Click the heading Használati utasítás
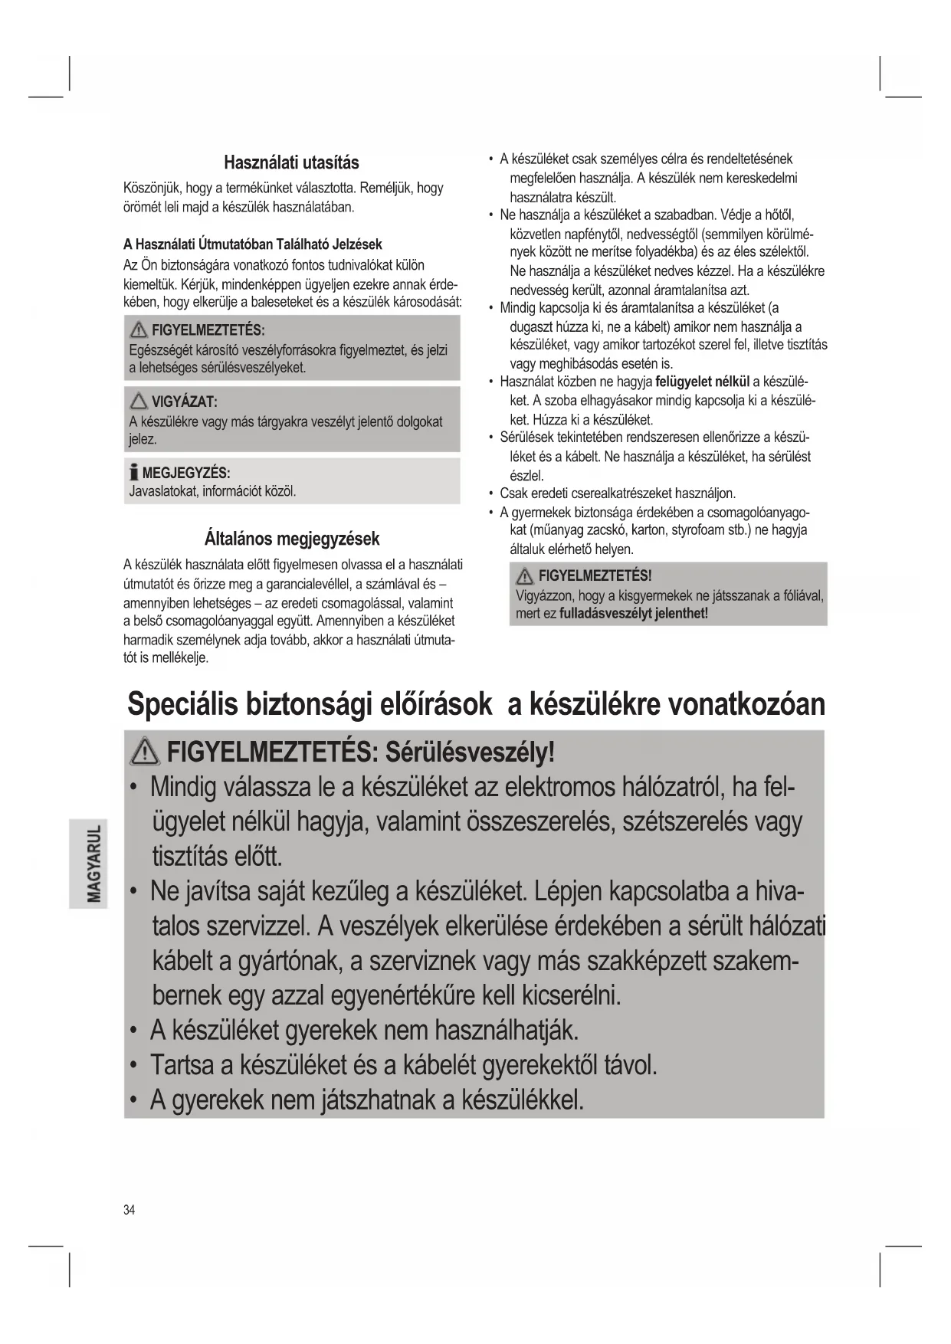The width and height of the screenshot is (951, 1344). coord(291,162)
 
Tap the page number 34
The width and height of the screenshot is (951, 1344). coord(129,1210)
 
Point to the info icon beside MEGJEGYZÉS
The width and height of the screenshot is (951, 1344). coord(134,472)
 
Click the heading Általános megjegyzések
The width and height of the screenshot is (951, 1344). coord(292,538)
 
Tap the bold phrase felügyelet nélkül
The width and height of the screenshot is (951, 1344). coord(703,382)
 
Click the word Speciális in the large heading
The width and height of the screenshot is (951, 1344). coord(182,703)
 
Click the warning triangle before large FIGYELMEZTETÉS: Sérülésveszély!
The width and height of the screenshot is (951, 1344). coord(145,753)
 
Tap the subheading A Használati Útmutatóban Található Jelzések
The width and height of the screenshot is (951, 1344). coord(252,244)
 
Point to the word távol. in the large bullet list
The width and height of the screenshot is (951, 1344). coord(631,1065)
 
